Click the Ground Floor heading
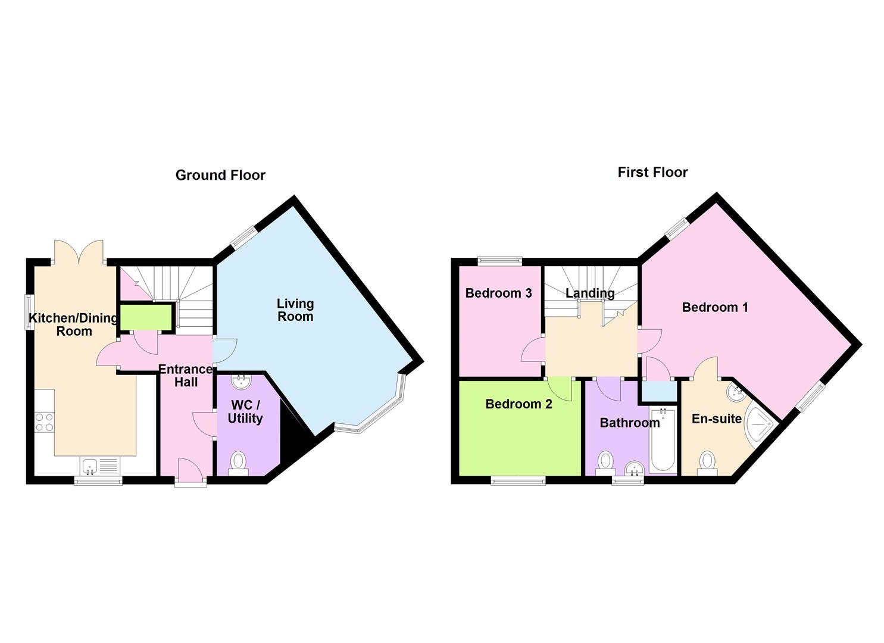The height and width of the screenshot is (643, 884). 220,175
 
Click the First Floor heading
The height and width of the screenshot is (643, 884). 653,172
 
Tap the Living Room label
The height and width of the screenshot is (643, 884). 295,310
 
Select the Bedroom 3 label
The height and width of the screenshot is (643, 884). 498,293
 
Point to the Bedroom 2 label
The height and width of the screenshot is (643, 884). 518,404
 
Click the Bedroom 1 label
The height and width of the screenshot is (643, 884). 715,307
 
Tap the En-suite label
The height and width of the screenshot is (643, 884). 717,419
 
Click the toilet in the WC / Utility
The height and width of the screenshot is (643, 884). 238,463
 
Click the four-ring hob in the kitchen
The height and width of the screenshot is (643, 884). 44,422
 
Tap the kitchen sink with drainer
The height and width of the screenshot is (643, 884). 100,466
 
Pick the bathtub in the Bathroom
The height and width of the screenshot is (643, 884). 663,441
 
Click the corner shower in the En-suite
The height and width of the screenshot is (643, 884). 759,426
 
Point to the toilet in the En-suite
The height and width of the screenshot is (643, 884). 707,463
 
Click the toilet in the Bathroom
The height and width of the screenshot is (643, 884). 605,463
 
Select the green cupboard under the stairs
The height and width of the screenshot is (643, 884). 146,317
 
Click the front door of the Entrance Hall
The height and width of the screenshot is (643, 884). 191,471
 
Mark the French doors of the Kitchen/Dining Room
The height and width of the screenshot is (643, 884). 79,252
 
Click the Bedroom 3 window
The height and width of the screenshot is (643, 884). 499,261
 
